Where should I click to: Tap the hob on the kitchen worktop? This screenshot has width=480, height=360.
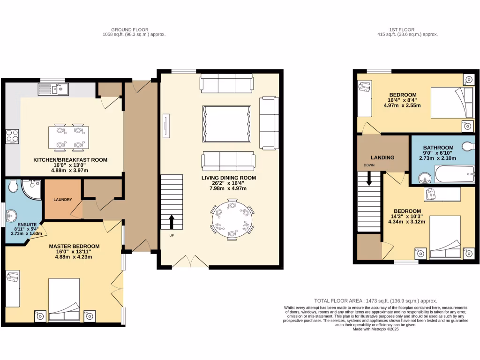point(12,136)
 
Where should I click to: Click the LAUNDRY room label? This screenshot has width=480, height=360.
point(63,200)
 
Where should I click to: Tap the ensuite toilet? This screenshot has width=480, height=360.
point(13,187)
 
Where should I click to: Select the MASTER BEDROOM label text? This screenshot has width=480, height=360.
point(75,246)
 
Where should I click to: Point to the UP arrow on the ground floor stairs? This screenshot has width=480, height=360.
point(171,220)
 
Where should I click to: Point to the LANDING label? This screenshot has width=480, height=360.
point(382,157)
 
